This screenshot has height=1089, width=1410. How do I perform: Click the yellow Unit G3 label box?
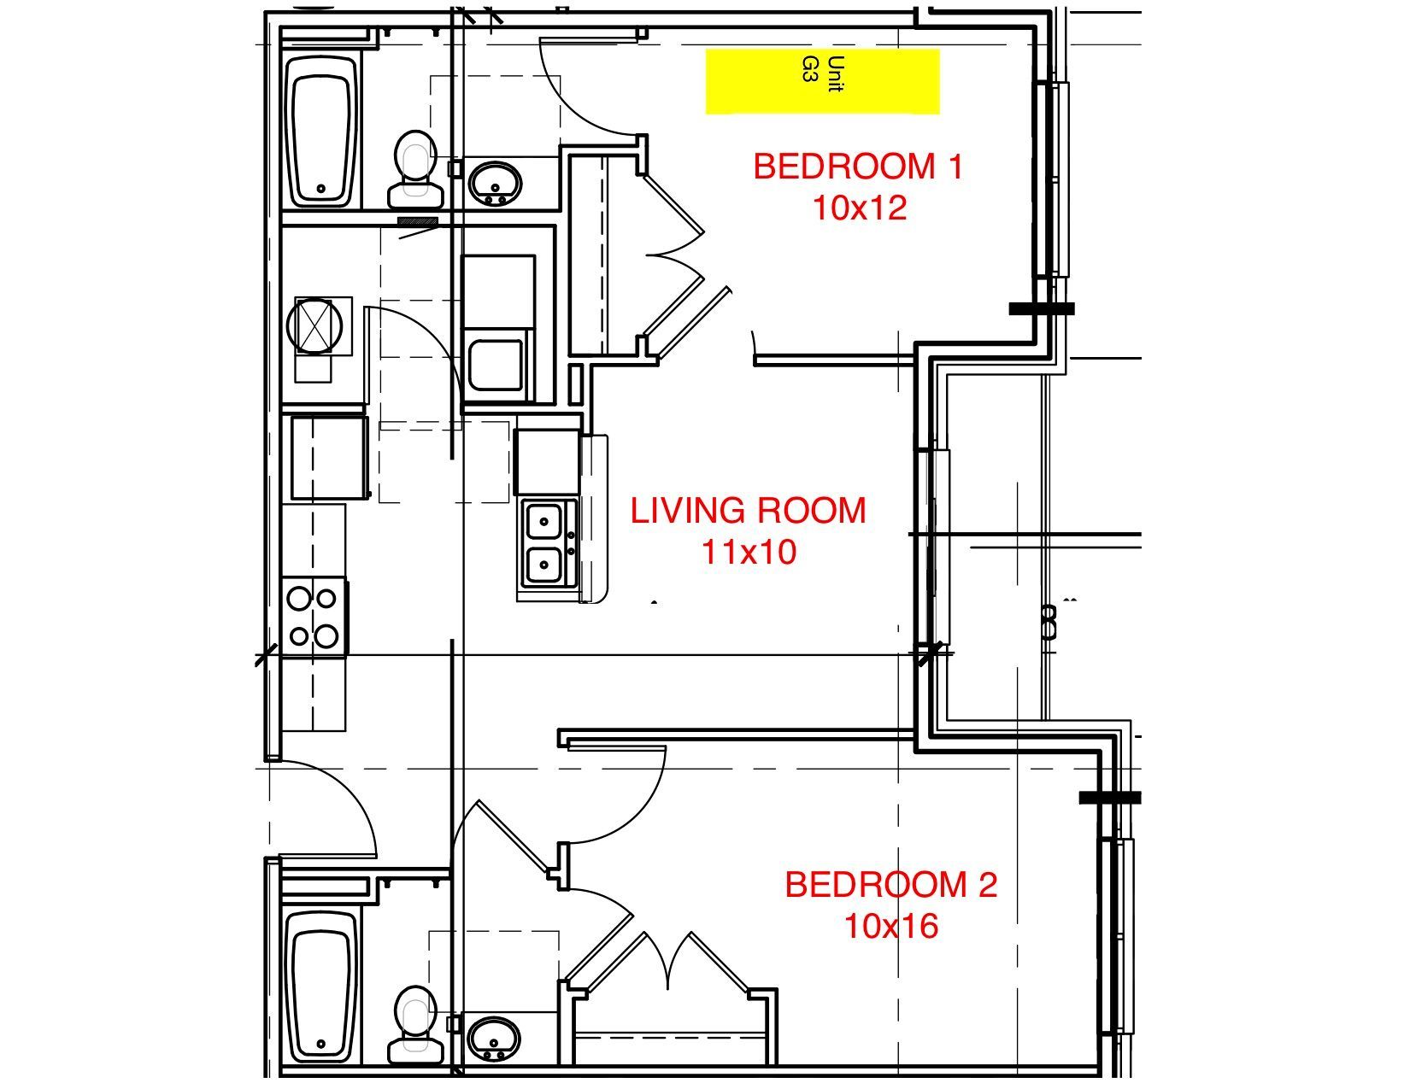[822, 81]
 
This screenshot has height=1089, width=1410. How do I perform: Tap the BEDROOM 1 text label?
[858, 167]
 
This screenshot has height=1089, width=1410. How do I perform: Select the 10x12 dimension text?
[858, 208]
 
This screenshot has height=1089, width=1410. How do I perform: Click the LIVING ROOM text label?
[748, 511]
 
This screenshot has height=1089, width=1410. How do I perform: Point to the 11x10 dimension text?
[749, 552]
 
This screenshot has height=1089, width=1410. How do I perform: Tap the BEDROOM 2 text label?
[890, 885]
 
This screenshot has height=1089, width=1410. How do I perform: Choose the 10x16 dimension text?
[890, 926]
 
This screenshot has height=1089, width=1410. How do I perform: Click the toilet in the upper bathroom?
[415, 169]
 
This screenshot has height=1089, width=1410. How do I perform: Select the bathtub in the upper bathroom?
[323, 131]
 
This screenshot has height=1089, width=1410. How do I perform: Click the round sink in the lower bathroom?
[493, 1037]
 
